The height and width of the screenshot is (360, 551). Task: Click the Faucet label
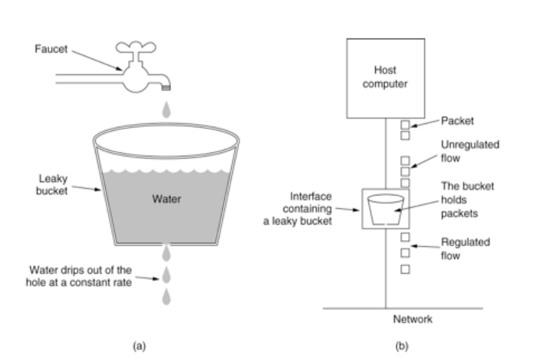[x=51, y=49]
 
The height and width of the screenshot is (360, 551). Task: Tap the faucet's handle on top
[x=135, y=47]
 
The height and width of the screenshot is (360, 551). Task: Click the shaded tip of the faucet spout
[x=166, y=87]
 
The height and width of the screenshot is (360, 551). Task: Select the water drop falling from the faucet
[x=166, y=109]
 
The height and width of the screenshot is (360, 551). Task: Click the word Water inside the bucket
[x=166, y=199]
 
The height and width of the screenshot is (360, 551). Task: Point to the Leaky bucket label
[x=52, y=185]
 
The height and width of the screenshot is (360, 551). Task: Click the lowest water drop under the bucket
[x=166, y=297]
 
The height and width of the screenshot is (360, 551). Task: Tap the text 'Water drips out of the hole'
[x=79, y=276]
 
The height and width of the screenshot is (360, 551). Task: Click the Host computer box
[x=385, y=78]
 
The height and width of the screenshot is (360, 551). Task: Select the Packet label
[x=457, y=121]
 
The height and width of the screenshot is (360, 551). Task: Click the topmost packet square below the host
[x=406, y=125]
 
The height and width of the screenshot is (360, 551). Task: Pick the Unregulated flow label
[x=469, y=151]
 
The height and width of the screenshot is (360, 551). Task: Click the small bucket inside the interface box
[x=385, y=210]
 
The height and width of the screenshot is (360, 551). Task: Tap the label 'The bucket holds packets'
[x=467, y=200]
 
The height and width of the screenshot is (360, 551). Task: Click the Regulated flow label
[x=465, y=249]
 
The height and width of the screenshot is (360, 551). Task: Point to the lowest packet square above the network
[x=406, y=269]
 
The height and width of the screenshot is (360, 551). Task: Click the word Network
[x=412, y=320]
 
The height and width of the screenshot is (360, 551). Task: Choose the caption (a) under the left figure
[x=139, y=347]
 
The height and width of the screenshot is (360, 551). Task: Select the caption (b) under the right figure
[x=401, y=347]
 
